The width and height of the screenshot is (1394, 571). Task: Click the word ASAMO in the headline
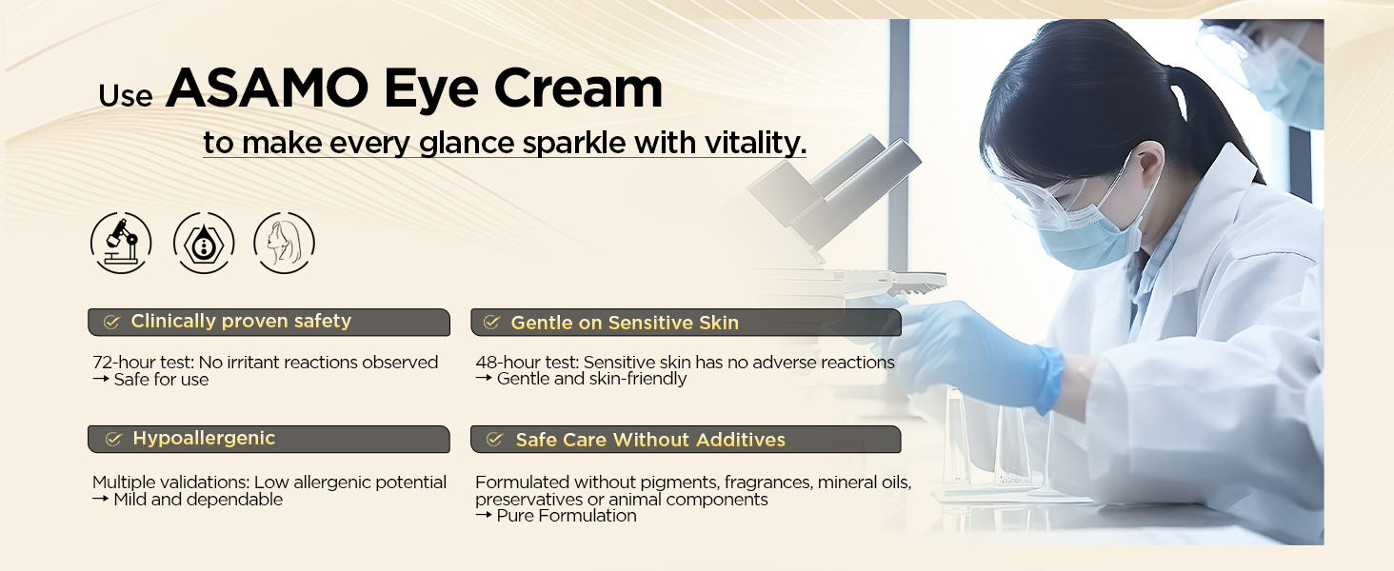pos(268,88)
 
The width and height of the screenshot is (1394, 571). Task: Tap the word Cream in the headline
pos(578,88)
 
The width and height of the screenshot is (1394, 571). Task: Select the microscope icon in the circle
pos(121,243)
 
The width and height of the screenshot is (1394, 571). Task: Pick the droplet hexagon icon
pos(204,243)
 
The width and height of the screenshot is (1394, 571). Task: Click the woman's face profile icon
pos(284,243)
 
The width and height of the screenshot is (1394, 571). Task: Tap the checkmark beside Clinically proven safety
pos(112,322)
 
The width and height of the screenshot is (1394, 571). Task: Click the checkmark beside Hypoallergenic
pos(113,439)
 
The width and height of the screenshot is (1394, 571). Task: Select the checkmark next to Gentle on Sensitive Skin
pos(491,323)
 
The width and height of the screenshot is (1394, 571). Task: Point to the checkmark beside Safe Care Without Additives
pos(494,440)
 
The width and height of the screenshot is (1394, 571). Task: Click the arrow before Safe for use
pos(101,378)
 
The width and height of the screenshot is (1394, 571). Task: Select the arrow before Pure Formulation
pos(484,515)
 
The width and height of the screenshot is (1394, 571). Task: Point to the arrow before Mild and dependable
pos(101,499)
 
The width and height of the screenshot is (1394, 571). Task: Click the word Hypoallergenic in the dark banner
pos(204,439)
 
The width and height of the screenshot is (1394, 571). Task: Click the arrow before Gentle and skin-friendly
pos(484,378)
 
